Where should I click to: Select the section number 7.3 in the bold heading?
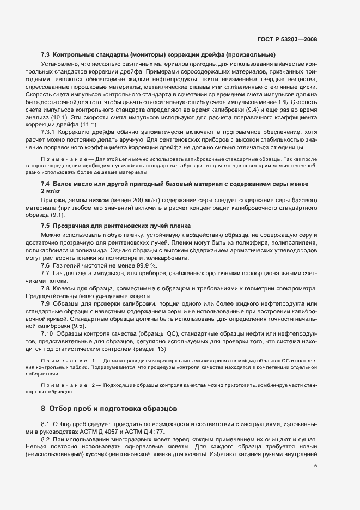(x=46, y=55)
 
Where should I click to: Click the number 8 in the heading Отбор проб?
(x=43, y=408)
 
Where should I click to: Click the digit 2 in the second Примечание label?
(x=94, y=385)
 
